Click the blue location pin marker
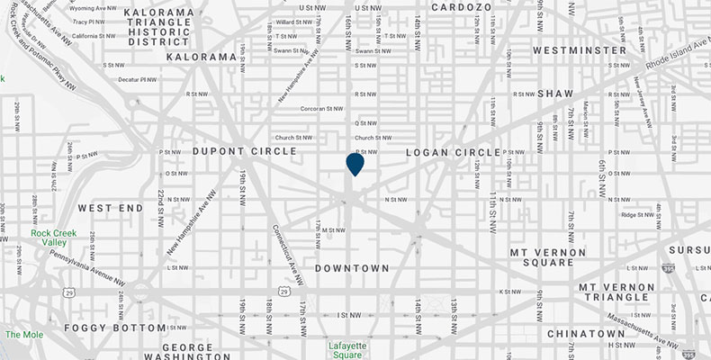click(355, 164)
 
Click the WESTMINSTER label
click(580, 50)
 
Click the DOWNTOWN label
click(352, 268)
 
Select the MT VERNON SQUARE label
click(554, 256)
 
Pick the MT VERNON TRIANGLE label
click(623, 292)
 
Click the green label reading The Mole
click(24, 335)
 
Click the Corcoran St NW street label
click(323, 107)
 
